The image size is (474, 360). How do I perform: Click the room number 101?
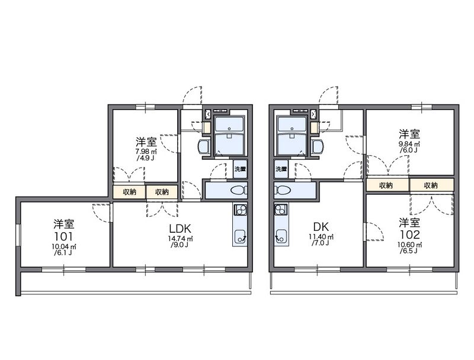point(64,236)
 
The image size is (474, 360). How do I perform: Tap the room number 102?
point(410,234)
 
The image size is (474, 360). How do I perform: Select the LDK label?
point(180,229)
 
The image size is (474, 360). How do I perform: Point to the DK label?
point(321,227)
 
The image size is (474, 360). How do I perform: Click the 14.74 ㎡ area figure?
point(181,239)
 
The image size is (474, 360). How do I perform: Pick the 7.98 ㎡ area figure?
point(146,152)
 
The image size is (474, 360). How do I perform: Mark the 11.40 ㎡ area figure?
point(321,237)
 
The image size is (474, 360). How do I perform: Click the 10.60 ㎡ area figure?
point(410,245)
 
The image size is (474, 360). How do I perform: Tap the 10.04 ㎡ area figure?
point(64,246)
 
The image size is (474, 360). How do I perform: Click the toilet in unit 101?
point(239,190)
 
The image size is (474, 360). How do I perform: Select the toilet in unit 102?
point(283,190)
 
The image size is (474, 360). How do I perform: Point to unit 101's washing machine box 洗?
point(240,169)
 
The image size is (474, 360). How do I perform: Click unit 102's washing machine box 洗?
point(281,169)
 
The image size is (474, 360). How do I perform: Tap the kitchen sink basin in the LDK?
point(240,236)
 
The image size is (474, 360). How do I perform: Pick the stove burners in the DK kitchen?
point(281,209)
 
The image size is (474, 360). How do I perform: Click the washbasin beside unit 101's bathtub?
point(204,147)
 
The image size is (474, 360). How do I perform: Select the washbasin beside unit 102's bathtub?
point(318,147)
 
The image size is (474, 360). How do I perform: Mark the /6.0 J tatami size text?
point(409,149)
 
